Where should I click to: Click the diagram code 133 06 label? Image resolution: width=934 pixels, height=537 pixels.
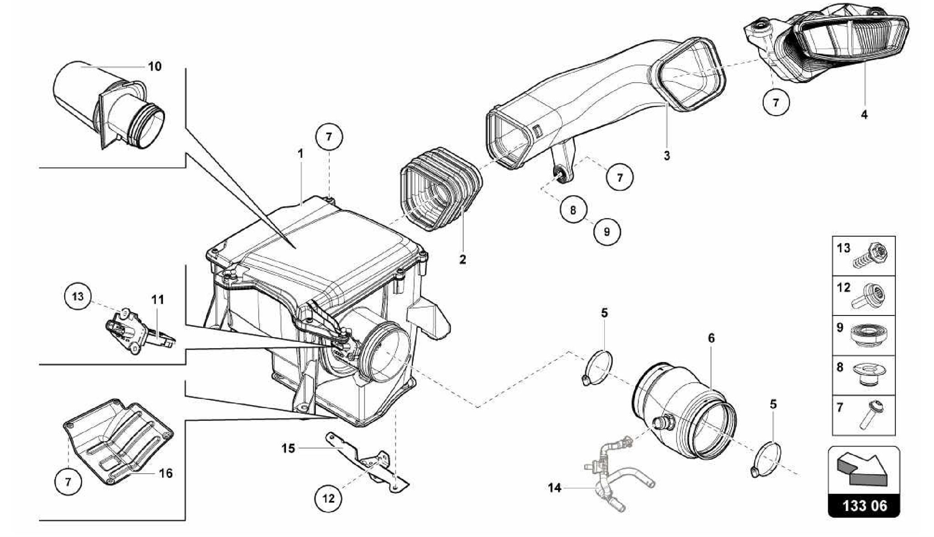pyautogui.click(x=864, y=506)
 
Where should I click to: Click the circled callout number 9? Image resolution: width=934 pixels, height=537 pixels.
pyautogui.click(x=607, y=232)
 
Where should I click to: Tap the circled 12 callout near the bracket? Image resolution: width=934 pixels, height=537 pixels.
pyautogui.click(x=328, y=498)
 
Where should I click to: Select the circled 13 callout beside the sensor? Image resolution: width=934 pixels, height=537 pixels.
pyautogui.click(x=78, y=296)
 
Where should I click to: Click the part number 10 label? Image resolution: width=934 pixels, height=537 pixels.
pyautogui.click(x=155, y=67)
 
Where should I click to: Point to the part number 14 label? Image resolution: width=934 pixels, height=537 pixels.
pyautogui.click(x=554, y=488)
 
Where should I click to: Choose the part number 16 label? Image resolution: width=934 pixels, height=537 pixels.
pyautogui.click(x=166, y=474)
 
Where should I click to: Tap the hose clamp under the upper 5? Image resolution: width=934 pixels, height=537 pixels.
pyautogui.click(x=597, y=367)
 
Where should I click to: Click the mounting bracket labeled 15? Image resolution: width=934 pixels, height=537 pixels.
pyautogui.click(x=365, y=460)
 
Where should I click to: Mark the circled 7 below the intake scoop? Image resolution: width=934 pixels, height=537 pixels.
pyautogui.click(x=776, y=103)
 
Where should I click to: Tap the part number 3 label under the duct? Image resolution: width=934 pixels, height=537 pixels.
pyautogui.click(x=667, y=156)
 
